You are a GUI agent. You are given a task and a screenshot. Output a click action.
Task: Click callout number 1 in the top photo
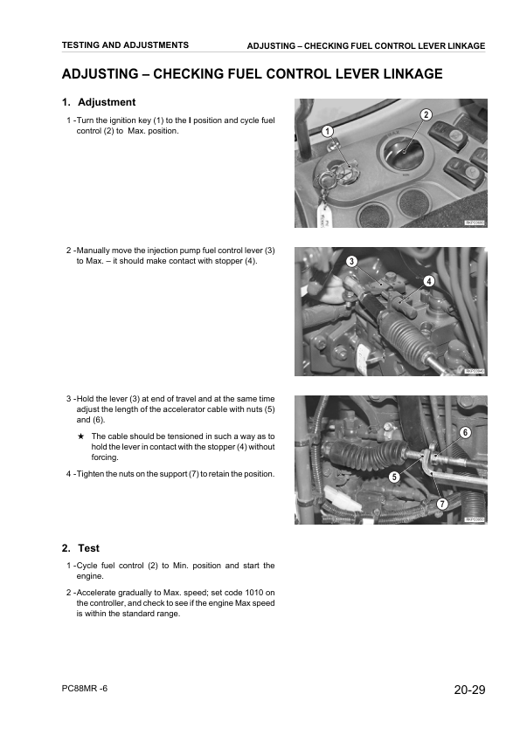[x=326, y=131]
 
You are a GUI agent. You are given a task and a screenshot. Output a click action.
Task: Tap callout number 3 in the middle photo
[x=350, y=262]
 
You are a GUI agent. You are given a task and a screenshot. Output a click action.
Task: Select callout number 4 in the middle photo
[x=429, y=281]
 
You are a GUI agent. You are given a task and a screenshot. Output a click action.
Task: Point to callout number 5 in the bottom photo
[x=394, y=477]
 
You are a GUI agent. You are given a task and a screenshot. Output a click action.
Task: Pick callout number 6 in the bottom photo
[x=465, y=433]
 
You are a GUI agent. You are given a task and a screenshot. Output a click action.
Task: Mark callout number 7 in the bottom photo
[x=442, y=505]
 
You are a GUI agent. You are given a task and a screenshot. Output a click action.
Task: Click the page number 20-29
[x=469, y=690]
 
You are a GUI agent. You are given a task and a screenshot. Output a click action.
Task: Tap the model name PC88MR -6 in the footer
[x=85, y=689]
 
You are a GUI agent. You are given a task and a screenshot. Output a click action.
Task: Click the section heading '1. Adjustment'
[x=98, y=102]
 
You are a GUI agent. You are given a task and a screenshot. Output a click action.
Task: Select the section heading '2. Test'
[x=80, y=548]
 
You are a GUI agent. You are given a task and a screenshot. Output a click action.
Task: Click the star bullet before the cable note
[x=80, y=436]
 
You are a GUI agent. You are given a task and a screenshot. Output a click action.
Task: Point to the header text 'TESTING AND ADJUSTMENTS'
[x=125, y=45]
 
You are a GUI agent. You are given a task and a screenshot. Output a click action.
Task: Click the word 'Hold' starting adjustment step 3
[x=87, y=399]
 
